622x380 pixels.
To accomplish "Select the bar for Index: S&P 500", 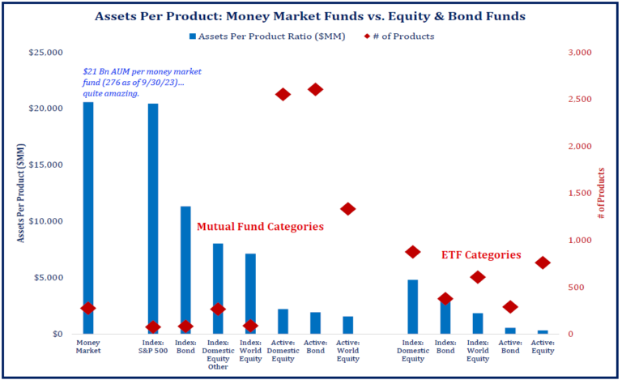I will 153,219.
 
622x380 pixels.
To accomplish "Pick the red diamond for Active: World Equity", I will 348,209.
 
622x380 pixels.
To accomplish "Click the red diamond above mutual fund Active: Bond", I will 316,89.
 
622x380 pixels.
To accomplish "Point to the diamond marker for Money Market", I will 87,308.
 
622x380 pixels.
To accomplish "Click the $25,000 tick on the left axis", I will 45,53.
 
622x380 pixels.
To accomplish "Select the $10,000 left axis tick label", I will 45,221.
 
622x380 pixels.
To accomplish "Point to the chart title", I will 310,15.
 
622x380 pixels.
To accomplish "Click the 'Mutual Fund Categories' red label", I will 260,227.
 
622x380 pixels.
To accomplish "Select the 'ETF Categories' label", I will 481,254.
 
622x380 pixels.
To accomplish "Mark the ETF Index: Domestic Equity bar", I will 413,306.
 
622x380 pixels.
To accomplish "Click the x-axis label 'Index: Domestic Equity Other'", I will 218,355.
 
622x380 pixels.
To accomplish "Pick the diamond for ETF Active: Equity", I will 543,263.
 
